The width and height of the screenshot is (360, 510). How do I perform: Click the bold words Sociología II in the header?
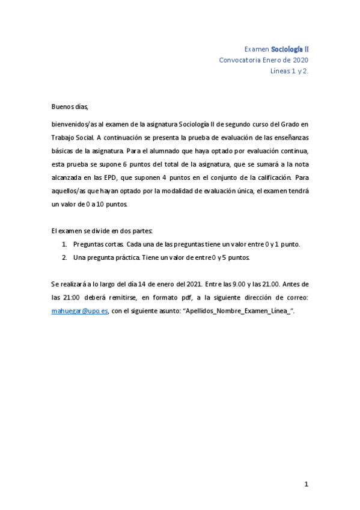pyautogui.click(x=290, y=48)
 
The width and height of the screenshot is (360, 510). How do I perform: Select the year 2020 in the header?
pyautogui.click(x=300, y=60)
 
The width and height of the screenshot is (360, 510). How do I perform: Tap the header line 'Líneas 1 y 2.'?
pyautogui.click(x=290, y=71)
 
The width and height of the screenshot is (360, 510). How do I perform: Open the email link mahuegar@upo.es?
pyautogui.click(x=79, y=310)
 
